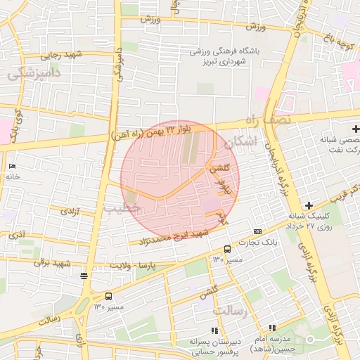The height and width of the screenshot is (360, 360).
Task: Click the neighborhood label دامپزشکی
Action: point(34,72)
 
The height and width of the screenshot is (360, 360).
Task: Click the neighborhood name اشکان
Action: point(241,142)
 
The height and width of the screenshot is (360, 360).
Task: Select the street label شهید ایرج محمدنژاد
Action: point(174,237)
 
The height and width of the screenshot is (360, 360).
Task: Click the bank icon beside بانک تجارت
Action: point(257,231)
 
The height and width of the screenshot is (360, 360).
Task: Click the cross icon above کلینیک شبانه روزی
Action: point(308,205)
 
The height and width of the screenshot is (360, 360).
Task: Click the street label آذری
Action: point(21,233)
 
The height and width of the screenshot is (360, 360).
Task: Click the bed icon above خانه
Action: point(12,166)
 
